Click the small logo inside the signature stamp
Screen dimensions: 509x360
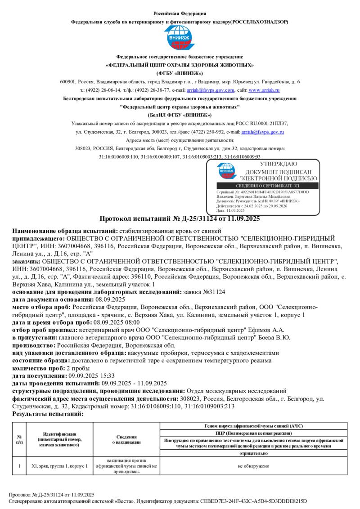coord(226,171)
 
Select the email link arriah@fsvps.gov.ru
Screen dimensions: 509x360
coord(262,132)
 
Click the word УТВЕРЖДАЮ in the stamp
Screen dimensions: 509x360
coord(282,164)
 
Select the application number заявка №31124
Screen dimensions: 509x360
coord(205,292)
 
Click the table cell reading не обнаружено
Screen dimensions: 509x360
coord(254,466)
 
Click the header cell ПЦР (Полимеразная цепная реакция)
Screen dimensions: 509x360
coord(254,433)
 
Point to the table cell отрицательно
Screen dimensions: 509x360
coord(254,454)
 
